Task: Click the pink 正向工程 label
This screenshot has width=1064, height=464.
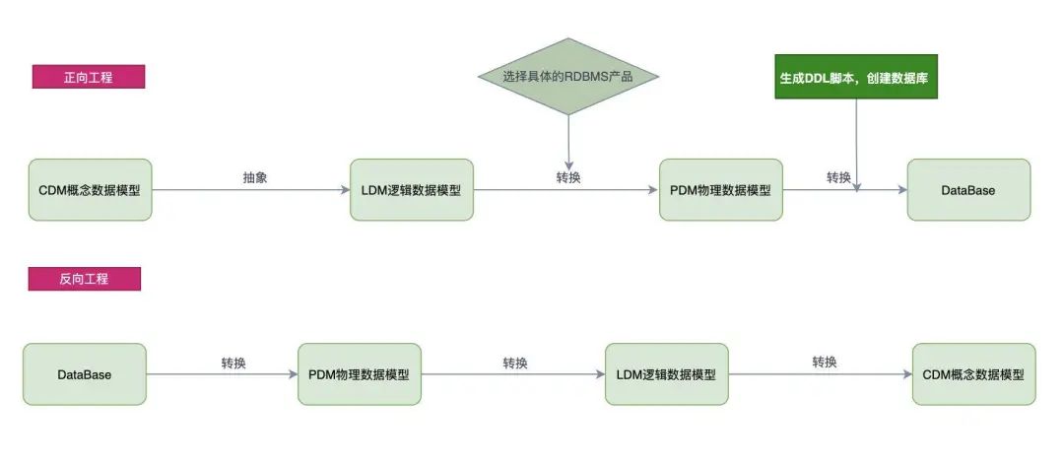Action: point(89,77)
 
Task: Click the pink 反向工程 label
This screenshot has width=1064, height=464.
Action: point(84,279)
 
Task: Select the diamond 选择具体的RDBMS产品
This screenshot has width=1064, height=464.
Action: point(568,76)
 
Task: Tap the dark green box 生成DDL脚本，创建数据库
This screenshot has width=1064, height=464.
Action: point(856,77)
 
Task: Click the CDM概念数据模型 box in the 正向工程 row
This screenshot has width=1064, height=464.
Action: point(91,190)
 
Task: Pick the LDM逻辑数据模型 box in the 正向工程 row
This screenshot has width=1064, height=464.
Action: point(411,190)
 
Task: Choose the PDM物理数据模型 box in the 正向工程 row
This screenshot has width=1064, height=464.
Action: point(720,190)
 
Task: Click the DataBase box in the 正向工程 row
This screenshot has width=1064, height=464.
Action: point(968,190)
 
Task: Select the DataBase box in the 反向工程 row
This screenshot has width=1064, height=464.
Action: point(84,374)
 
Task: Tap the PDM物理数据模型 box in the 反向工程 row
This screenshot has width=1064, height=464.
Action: point(359,374)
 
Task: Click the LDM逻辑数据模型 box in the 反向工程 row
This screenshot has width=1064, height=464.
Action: point(666,374)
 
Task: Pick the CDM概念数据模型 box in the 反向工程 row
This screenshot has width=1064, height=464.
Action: point(973,374)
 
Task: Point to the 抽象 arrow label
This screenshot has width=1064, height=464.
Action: point(255,177)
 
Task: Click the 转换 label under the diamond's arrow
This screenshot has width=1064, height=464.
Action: point(568,177)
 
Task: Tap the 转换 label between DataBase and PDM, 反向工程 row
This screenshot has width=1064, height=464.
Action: point(233,363)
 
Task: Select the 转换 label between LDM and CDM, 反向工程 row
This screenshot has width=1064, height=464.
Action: point(825,363)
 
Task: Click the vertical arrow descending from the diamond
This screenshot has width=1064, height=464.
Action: point(568,143)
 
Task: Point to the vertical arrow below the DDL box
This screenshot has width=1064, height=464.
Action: point(856,145)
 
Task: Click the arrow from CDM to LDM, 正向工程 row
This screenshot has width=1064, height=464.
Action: point(251,190)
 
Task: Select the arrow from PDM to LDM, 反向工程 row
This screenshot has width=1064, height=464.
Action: point(513,374)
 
